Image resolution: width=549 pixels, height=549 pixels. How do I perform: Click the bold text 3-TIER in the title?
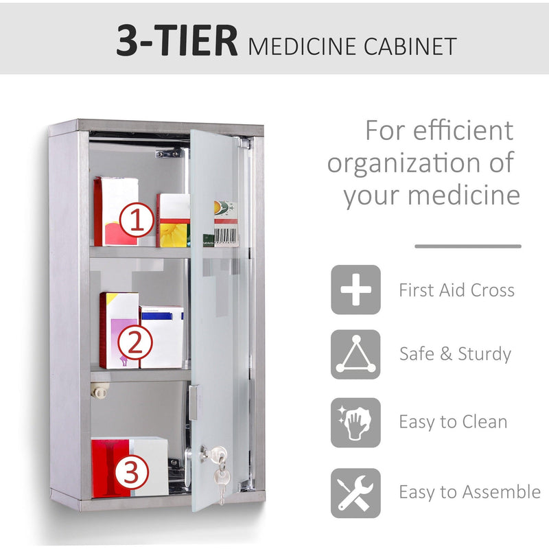(x=177, y=43)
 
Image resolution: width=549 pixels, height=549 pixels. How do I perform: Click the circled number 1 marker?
(x=136, y=220)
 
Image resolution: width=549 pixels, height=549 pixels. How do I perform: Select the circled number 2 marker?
(x=136, y=342)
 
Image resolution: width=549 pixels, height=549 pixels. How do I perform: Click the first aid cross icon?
(x=355, y=290)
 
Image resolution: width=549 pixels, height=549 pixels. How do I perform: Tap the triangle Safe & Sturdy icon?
(x=355, y=354)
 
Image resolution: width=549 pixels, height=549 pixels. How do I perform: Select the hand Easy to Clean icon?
(x=355, y=422)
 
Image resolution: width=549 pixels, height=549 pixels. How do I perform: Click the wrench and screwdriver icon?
(x=355, y=493)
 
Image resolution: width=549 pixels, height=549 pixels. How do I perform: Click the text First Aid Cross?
(x=456, y=290)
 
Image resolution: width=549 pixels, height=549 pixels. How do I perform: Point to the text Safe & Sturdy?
(x=455, y=354)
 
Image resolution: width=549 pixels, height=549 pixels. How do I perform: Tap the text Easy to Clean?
(x=453, y=422)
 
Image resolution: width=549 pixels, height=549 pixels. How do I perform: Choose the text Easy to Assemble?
(x=469, y=492)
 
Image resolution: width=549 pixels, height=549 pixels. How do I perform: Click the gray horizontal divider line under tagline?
(x=467, y=246)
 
